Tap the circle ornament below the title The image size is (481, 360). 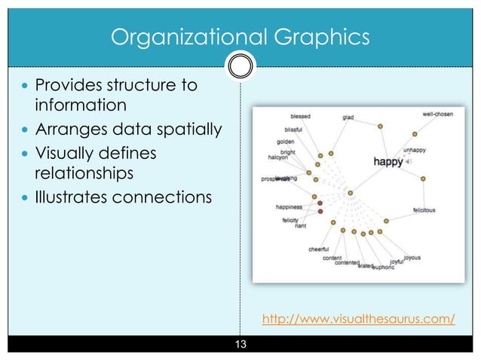click(x=240, y=66)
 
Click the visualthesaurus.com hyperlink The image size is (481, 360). click(x=358, y=319)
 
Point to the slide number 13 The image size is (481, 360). click(x=240, y=345)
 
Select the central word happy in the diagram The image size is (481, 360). click(x=388, y=160)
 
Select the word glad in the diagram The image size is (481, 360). click(x=348, y=117)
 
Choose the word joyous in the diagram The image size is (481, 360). click(x=412, y=258)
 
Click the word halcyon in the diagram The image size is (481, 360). click(x=278, y=158)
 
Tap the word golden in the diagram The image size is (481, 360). click(x=286, y=142)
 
